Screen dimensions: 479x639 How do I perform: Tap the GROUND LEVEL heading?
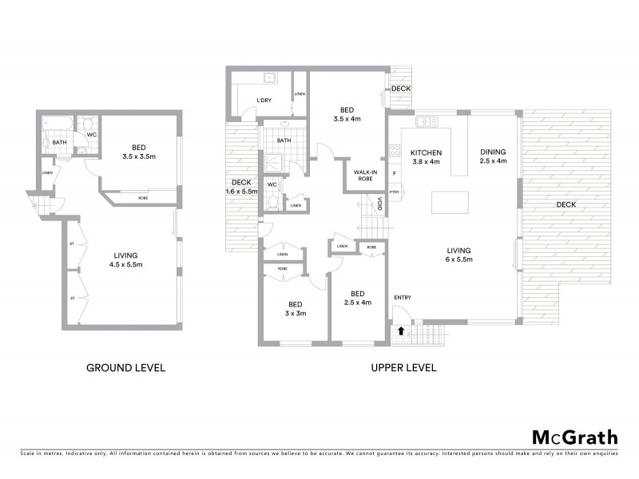pyautogui.click(x=125, y=368)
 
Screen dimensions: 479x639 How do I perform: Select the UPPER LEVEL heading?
pyautogui.click(x=403, y=368)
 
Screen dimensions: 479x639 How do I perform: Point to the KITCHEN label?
pyautogui.click(x=426, y=152)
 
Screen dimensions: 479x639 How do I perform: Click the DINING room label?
pyautogui.click(x=494, y=152)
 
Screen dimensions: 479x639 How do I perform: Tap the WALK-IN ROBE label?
pyautogui.click(x=360, y=175)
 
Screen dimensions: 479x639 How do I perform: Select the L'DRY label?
pyautogui.click(x=265, y=100)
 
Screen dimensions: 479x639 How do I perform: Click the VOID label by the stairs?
pyautogui.click(x=380, y=204)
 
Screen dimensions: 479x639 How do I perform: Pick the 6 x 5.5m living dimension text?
pyautogui.click(x=458, y=259)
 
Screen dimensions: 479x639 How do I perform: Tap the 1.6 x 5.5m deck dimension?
pyautogui.click(x=241, y=192)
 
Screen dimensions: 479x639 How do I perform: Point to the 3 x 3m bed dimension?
pyautogui.click(x=296, y=313)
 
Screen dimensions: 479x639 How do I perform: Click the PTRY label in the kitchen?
pyautogui.click(x=395, y=192)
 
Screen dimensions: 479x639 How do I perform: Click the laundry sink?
pyautogui.click(x=270, y=78)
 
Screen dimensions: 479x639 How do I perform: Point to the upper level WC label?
pyautogui.click(x=272, y=184)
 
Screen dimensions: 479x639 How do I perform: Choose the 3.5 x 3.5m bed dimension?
pyautogui.click(x=138, y=156)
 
